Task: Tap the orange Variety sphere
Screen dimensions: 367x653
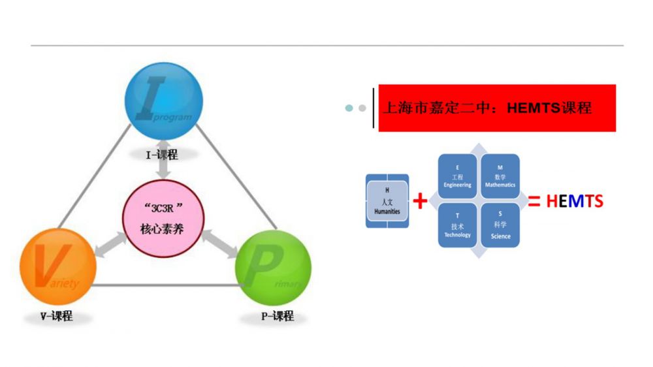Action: [x=58, y=268]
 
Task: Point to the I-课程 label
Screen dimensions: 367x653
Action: [x=162, y=155]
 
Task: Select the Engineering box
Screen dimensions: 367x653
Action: [x=457, y=176]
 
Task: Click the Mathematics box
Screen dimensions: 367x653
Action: [x=500, y=176]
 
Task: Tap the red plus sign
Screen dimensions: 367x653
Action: [x=421, y=201]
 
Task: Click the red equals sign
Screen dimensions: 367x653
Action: [x=534, y=201]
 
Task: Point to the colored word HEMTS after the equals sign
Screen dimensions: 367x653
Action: [x=575, y=201]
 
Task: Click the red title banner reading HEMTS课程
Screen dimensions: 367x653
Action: [x=497, y=108]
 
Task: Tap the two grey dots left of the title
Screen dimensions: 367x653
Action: [x=355, y=108]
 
